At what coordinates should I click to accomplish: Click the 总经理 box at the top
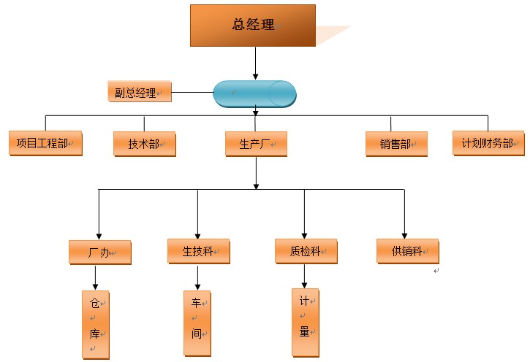(x=252, y=25)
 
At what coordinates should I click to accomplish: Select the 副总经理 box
(x=138, y=92)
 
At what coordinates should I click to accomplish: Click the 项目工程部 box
(x=45, y=143)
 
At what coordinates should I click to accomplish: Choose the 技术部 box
(x=144, y=144)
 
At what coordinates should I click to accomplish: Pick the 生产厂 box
(x=255, y=144)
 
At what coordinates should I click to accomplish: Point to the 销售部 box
(x=395, y=144)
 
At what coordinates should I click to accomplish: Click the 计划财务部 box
(x=488, y=143)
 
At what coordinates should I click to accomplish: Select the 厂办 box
(x=99, y=253)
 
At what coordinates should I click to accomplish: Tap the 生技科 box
(x=198, y=251)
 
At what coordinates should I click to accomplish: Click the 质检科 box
(x=306, y=251)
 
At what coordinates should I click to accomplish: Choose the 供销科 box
(x=407, y=251)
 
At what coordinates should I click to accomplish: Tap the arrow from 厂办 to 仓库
(x=95, y=277)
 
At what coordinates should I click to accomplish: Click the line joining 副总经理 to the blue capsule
(x=192, y=93)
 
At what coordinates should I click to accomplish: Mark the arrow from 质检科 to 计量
(x=305, y=275)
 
